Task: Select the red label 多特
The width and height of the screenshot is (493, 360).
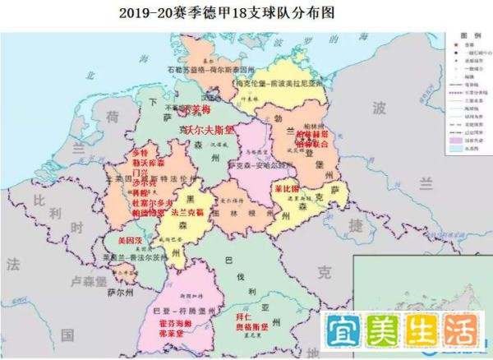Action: [x=141, y=154]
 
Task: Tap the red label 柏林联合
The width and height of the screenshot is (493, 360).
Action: [x=312, y=144]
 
